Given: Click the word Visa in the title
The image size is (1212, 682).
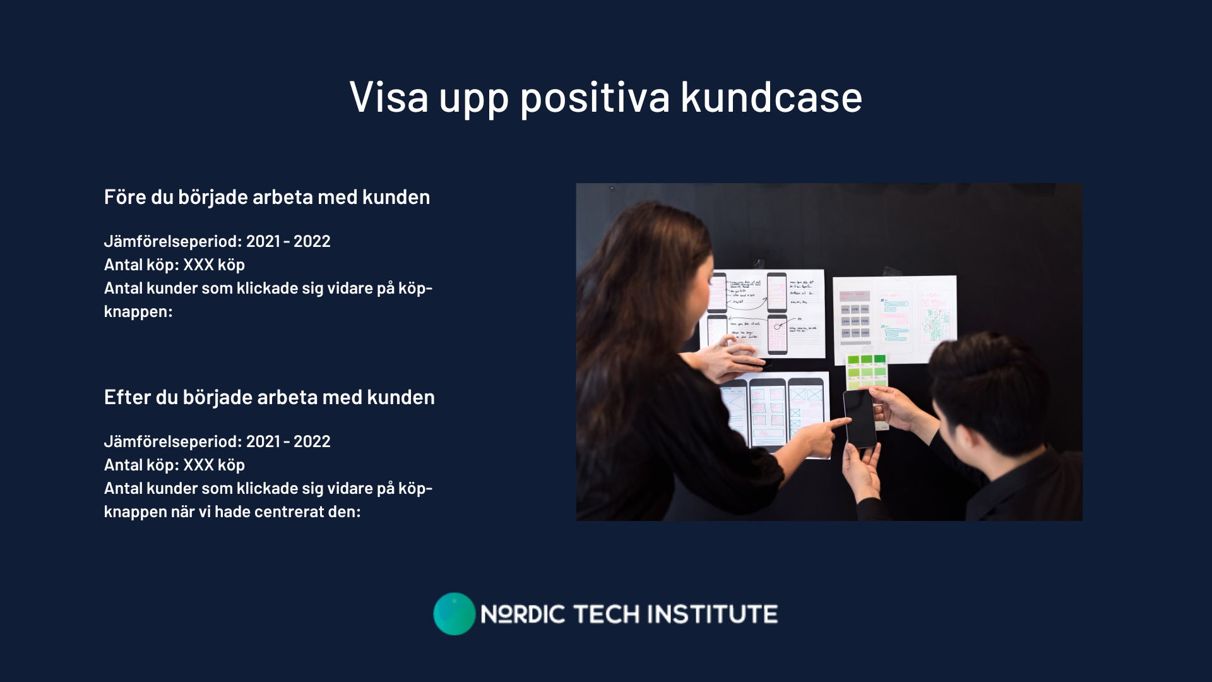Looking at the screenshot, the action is [x=389, y=97].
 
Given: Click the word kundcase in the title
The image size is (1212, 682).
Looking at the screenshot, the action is [x=771, y=97].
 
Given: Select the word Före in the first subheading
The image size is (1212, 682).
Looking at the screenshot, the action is [x=125, y=197].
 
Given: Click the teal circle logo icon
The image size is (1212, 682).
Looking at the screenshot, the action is [x=454, y=614].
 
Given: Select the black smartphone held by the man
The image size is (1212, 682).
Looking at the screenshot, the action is [x=860, y=418].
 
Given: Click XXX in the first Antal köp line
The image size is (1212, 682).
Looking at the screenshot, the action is [x=199, y=265].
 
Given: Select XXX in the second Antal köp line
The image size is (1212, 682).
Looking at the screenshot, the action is [x=199, y=465].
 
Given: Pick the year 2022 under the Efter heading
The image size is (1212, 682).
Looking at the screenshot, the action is [x=312, y=441].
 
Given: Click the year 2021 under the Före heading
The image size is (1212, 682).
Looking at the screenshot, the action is [x=263, y=241].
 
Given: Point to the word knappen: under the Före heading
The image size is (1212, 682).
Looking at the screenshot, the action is [x=138, y=312].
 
